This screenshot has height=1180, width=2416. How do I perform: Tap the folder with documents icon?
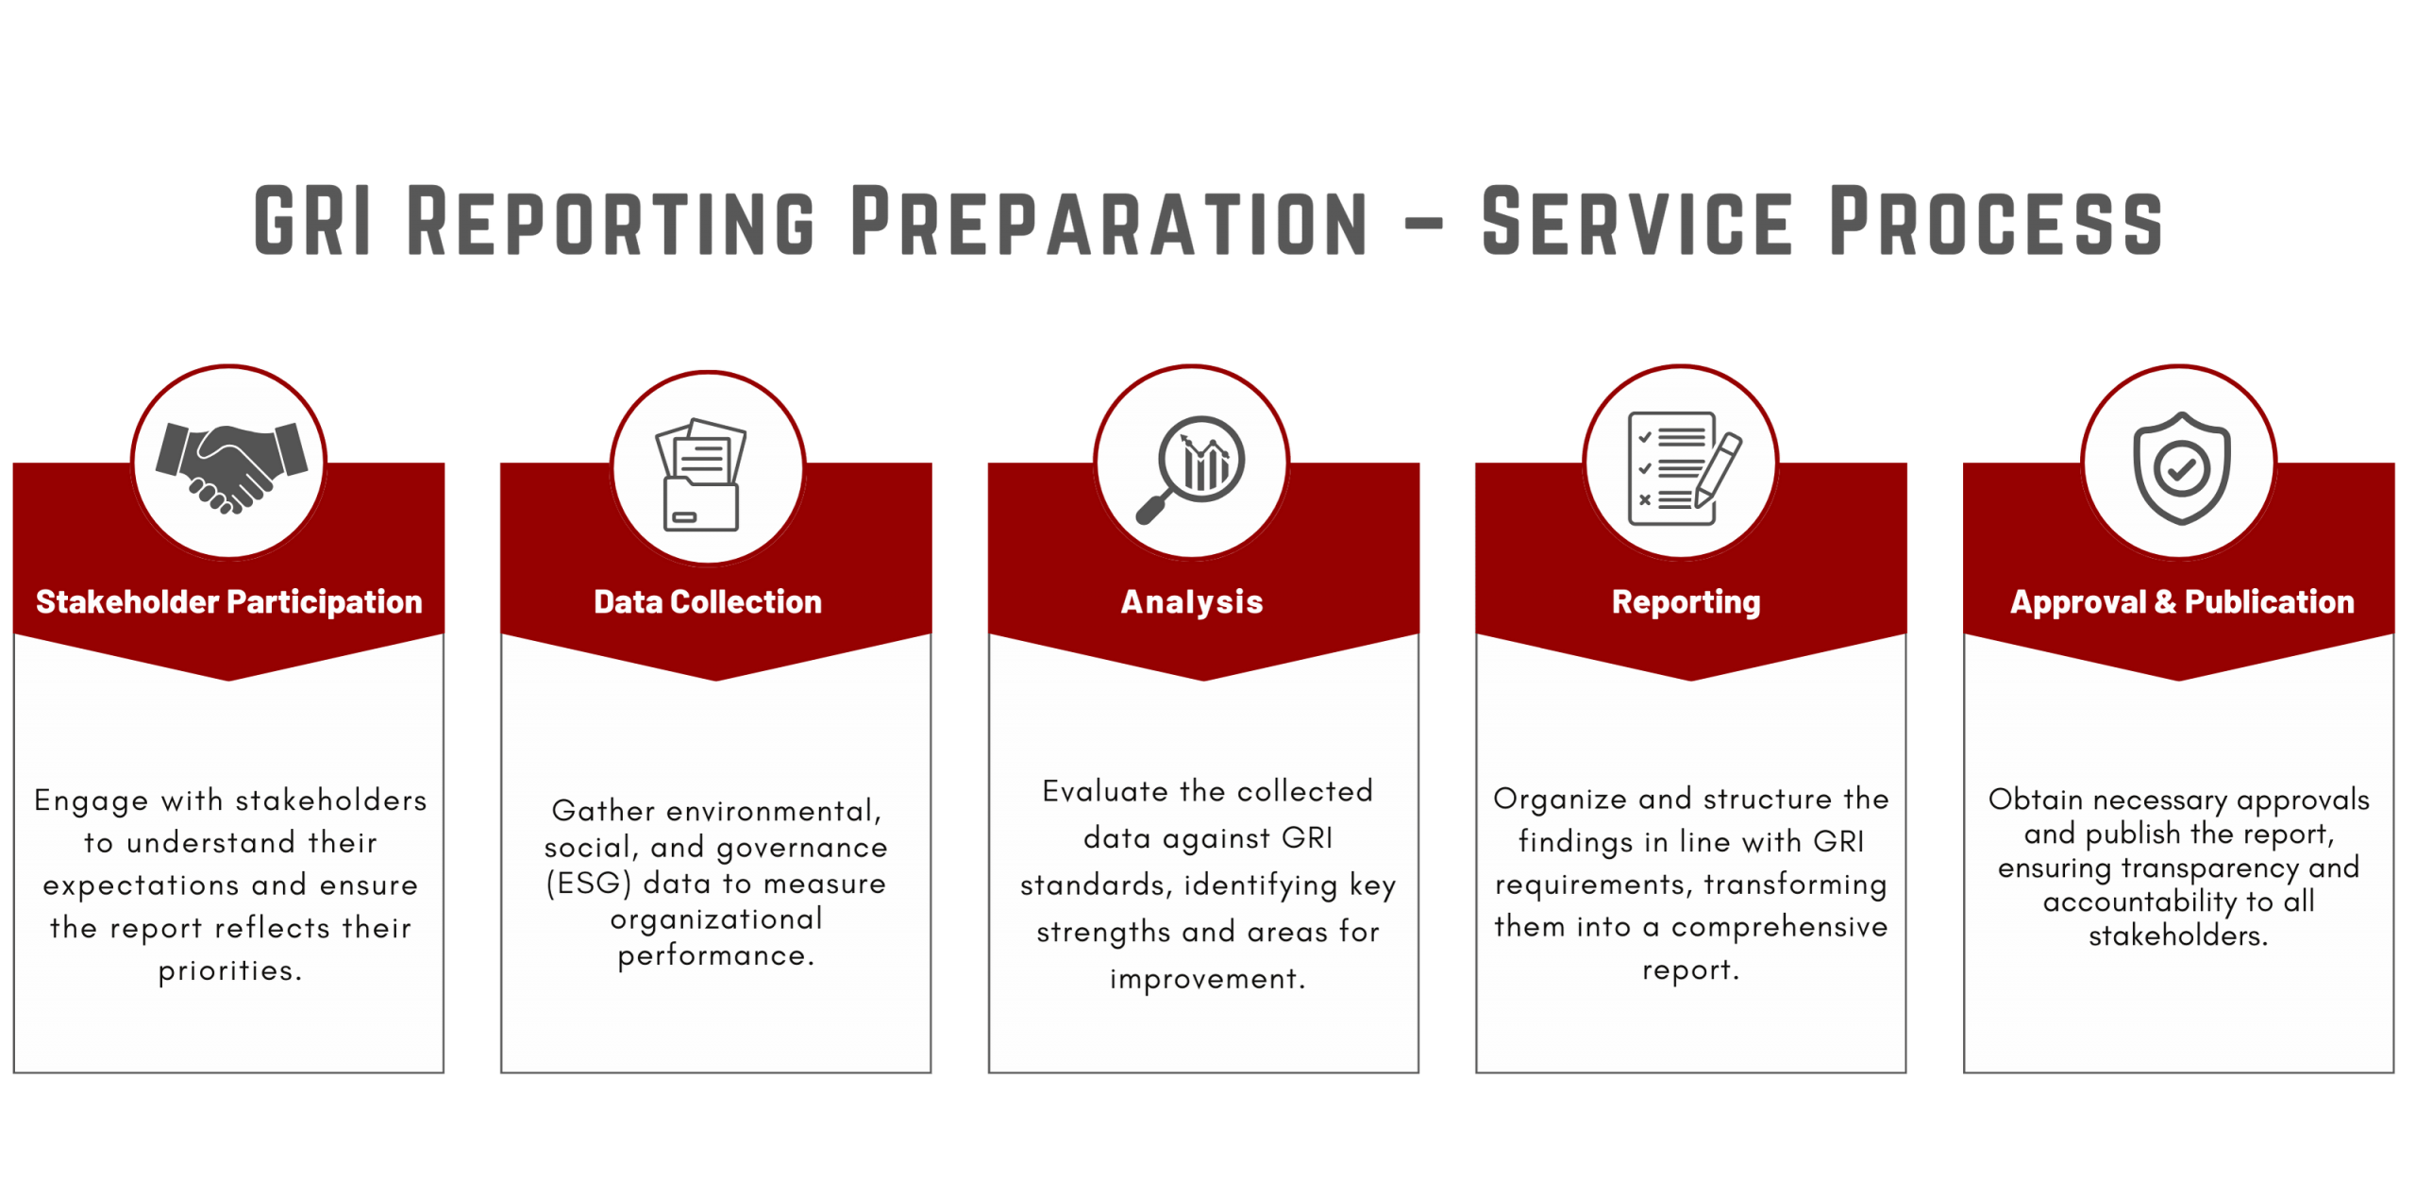[701, 475]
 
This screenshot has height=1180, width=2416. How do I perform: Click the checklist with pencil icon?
[1685, 468]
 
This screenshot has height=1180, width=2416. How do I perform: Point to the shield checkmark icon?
[2181, 467]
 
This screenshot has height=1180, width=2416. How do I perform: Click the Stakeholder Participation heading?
[228, 601]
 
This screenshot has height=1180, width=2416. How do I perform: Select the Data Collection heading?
[707, 601]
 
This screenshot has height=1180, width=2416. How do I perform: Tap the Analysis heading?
[1191, 602]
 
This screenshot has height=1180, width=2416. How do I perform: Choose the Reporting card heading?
[1686, 602]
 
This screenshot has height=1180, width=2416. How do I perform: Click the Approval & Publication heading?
[2181, 601]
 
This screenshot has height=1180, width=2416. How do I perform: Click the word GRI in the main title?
[312, 221]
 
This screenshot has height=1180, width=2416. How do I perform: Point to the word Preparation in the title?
[1109, 221]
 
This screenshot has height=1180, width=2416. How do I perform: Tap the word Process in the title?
[1995, 221]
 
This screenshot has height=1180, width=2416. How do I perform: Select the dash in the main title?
[1424, 224]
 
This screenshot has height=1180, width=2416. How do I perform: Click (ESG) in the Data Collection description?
[588, 884]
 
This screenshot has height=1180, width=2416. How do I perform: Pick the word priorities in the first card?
[230, 970]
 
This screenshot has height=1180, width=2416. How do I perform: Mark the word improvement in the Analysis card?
[1207, 979]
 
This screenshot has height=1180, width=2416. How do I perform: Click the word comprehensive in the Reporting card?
[1779, 928]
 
